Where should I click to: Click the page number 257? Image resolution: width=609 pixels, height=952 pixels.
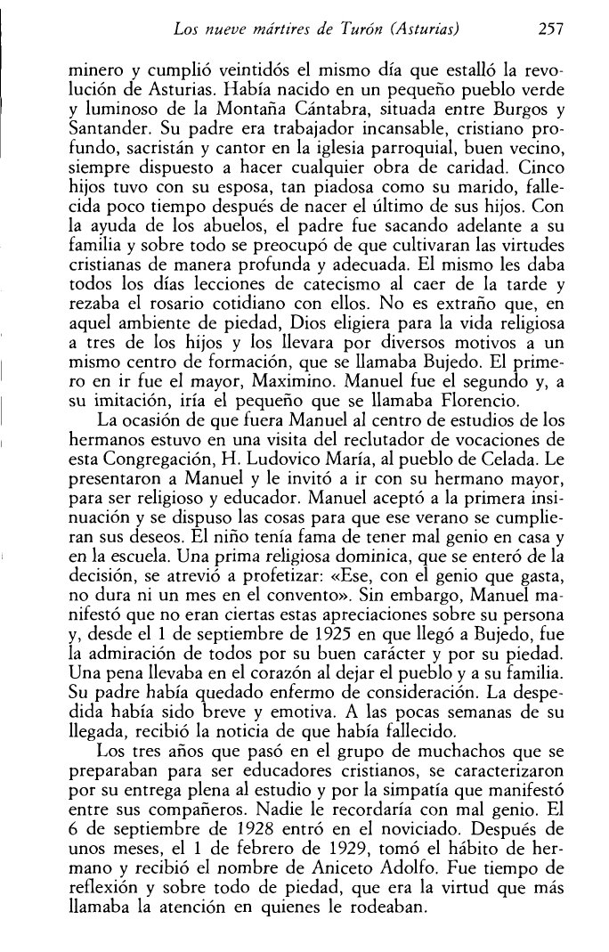pos(553,29)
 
